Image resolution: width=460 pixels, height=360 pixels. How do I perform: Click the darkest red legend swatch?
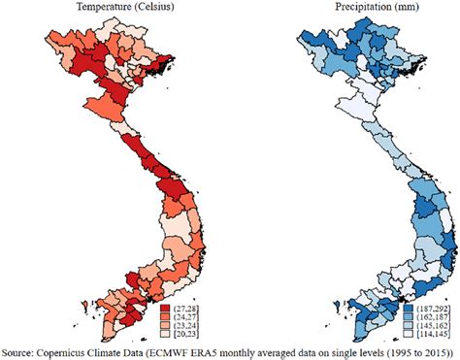(166, 306)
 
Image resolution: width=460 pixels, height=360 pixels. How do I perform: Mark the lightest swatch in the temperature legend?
(166, 334)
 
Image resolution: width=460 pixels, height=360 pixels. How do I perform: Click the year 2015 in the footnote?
(430, 350)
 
